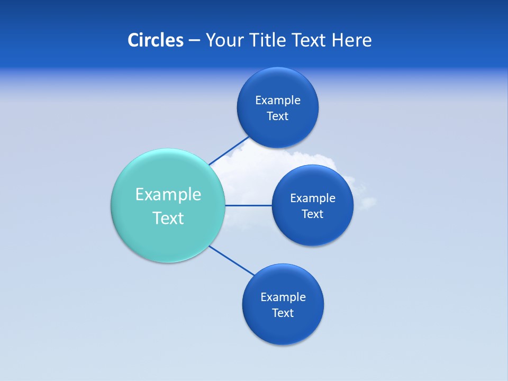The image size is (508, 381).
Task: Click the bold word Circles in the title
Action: [155, 40]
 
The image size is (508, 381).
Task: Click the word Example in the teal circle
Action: [168, 194]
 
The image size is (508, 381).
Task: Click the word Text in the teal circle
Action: [168, 218]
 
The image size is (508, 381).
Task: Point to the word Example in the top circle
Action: [278, 100]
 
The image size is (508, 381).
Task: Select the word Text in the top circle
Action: [277, 116]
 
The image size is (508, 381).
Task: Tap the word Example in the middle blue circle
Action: [313, 198]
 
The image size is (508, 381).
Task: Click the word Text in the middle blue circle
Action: [312, 214]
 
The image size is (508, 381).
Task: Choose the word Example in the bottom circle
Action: [283, 297]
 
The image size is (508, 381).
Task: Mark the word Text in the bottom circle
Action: [283, 313]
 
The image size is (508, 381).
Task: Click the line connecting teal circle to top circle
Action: [229, 151]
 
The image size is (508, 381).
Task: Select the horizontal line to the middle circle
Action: [249, 205]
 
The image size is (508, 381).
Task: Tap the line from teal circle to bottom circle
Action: [232, 260]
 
